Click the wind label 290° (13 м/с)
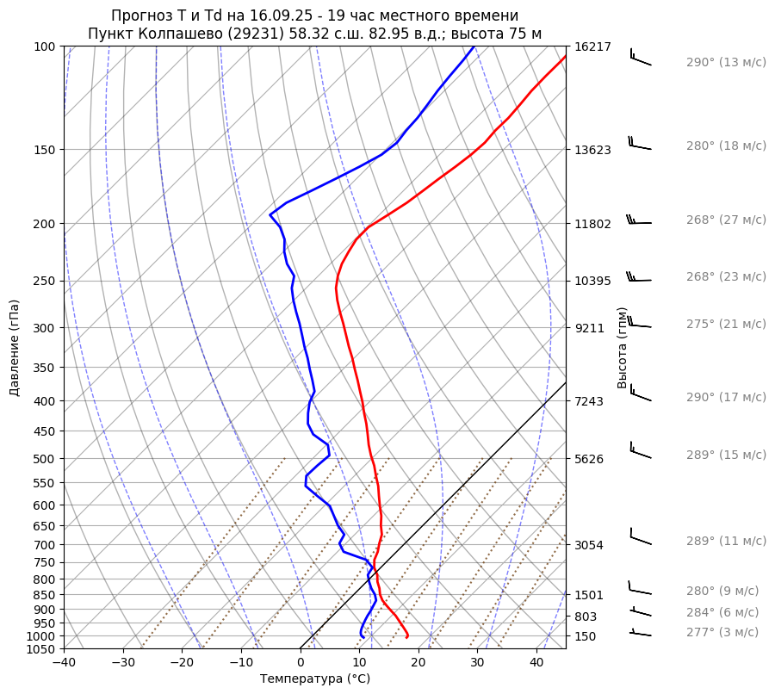tap(726, 63)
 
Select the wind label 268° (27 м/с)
tap(726, 220)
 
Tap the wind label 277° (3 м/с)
tap(722, 632)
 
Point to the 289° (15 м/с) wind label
tap(726, 455)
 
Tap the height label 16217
tap(592, 46)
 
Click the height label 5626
tap(589, 458)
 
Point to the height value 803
tap(586, 617)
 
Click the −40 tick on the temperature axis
tap(64, 663)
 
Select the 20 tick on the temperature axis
tap(418, 663)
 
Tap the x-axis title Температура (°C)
tap(315, 679)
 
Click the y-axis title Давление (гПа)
tap(15, 348)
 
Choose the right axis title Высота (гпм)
tap(622, 347)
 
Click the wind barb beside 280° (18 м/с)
tap(640, 144)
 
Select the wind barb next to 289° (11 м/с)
tap(640, 538)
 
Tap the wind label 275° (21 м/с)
tap(726, 324)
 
